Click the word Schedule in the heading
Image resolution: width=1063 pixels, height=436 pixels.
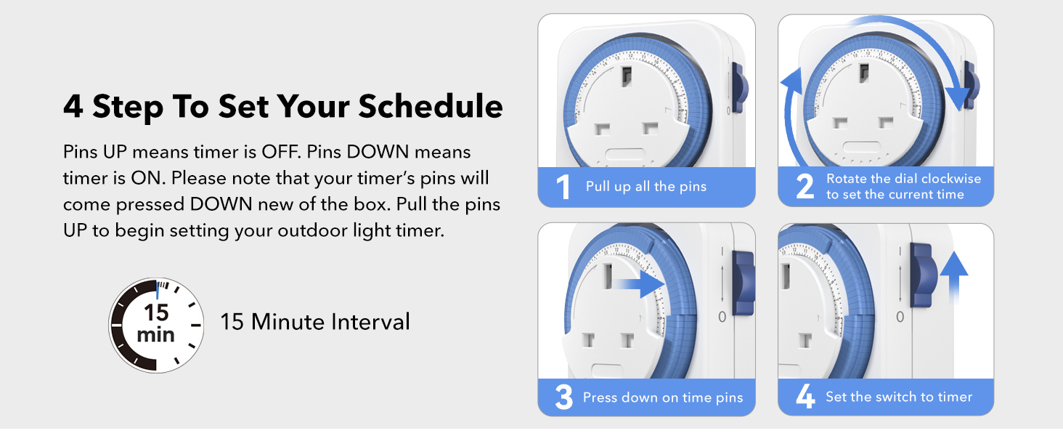click(x=431, y=106)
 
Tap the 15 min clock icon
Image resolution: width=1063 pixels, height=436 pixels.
click(x=156, y=324)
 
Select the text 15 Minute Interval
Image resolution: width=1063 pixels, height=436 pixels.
click(x=315, y=321)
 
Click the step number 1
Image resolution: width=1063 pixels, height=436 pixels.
click(x=563, y=187)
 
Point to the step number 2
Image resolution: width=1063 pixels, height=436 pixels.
click(x=805, y=187)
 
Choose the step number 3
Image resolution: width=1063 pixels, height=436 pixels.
click(x=564, y=397)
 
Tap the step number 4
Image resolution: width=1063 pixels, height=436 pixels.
click(x=805, y=397)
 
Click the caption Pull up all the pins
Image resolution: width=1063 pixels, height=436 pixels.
click(x=645, y=187)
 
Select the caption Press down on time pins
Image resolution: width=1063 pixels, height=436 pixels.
click(x=662, y=397)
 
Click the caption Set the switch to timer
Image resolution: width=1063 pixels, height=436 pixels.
click(x=898, y=397)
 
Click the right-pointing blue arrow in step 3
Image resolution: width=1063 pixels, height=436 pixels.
click(x=640, y=284)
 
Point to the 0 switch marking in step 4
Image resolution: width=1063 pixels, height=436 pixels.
click(x=900, y=317)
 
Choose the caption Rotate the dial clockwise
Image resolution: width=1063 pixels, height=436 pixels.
click(x=903, y=179)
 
